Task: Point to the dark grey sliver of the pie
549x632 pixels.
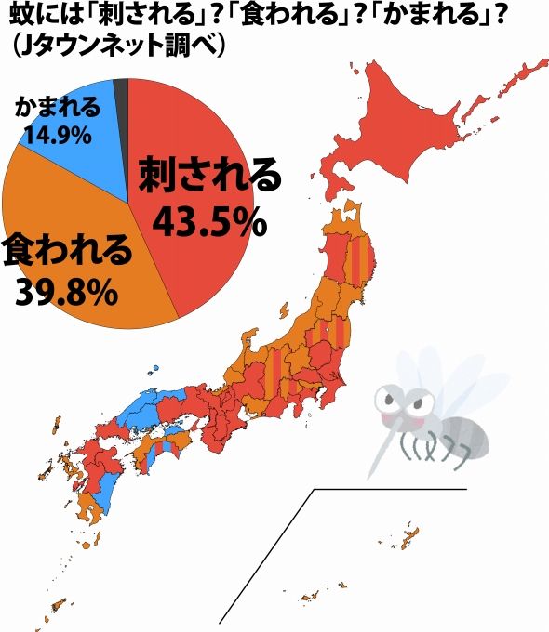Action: (120, 90)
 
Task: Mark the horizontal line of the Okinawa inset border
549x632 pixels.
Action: (391, 489)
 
